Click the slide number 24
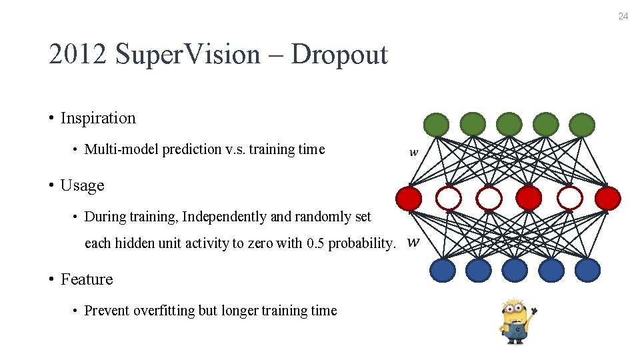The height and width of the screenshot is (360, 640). coord(623,16)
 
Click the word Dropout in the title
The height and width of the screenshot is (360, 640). coord(339,54)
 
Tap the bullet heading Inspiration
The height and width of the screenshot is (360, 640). coord(98,118)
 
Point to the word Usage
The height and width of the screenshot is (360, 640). coord(82,185)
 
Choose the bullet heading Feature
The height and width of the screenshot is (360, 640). coord(87,279)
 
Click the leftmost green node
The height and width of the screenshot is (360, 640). coord(437,125)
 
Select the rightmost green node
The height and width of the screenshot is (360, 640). coord(582,125)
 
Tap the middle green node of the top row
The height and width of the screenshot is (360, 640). coord(509,125)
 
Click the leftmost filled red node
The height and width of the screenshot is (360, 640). coord(409,198)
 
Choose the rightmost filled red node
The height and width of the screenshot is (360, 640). coord(608,198)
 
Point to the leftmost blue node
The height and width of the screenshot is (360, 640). coord(443,271)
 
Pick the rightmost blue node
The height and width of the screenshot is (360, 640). coord(587,271)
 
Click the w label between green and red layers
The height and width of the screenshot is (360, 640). coord(414,153)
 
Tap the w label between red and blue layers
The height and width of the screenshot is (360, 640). coord(413,241)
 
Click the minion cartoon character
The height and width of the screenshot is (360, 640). coord(517,321)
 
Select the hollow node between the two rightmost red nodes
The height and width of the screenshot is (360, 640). coord(569,198)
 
